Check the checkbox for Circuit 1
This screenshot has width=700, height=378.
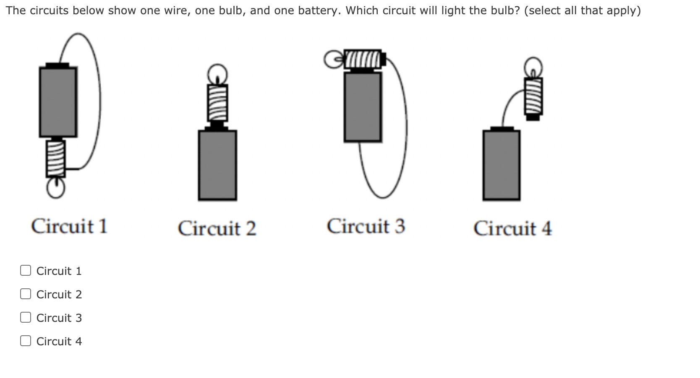[26, 271]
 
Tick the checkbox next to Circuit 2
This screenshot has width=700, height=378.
[26, 294]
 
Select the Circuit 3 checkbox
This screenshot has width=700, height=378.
[26, 318]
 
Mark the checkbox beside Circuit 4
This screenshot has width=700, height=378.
[26, 341]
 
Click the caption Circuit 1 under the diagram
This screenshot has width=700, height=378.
[69, 226]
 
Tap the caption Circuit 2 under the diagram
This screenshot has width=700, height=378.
[217, 229]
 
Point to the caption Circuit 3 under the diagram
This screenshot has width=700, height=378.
[366, 226]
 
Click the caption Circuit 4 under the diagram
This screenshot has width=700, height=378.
[512, 229]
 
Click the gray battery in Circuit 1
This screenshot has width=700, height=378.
[58, 102]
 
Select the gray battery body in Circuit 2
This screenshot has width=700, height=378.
[217, 165]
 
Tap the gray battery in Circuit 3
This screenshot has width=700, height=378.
[363, 107]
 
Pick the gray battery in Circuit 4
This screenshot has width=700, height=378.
[501, 165]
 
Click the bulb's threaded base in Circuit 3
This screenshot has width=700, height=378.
[363, 59]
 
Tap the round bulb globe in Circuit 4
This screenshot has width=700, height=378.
[533, 67]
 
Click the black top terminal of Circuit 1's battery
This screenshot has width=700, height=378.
[57, 65]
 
